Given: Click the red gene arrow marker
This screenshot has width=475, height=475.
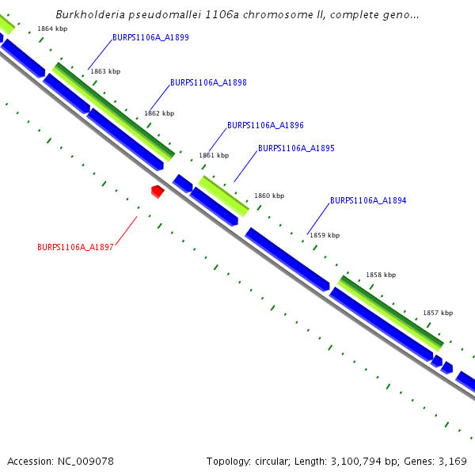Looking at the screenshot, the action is (x=158, y=191).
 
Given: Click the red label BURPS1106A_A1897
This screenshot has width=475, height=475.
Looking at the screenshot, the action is (x=75, y=248).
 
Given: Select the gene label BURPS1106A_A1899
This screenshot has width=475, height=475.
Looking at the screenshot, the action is (x=150, y=37).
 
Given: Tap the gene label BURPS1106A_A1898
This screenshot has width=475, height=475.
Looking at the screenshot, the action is (x=208, y=83).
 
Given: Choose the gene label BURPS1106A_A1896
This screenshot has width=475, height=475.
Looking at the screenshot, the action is (x=265, y=126).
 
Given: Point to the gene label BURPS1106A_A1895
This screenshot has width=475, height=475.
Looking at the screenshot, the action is (x=296, y=149).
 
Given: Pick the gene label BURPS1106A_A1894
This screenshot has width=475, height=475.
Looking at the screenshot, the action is (x=368, y=201).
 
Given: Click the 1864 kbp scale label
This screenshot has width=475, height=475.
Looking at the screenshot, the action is (x=52, y=29).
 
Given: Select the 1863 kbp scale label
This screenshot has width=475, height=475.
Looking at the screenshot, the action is (x=105, y=72).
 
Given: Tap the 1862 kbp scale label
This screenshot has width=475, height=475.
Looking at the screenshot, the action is (x=159, y=114).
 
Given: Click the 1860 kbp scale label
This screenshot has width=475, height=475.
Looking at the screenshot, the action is (x=269, y=196).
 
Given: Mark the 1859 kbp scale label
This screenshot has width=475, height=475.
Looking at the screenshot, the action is (x=325, y=236).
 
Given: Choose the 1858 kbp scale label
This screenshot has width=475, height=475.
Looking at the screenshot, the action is (x=381, y=275).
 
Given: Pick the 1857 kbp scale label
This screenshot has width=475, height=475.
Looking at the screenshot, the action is (x=438, y=313).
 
